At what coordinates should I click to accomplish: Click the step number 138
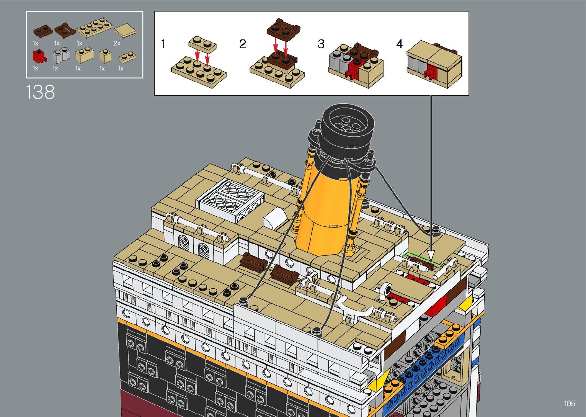point(41,92)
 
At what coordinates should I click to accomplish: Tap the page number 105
point(569,404)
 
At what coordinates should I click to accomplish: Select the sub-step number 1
point(163,44)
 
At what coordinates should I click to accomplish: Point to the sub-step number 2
point(243,44)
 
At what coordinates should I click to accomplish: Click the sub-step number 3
point(321,44)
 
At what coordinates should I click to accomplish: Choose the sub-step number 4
point(400,44)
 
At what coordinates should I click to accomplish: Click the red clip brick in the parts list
point(39,56)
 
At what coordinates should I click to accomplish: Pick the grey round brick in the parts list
point(61,55)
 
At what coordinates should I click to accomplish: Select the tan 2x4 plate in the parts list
point(95,28)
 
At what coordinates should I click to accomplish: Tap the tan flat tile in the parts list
point(125,30)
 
